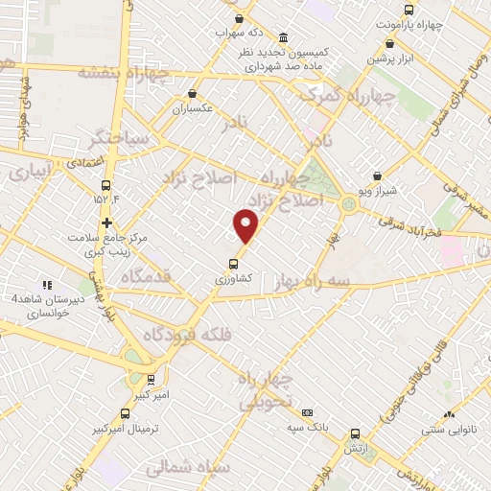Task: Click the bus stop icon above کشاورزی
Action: [x=234, y=262]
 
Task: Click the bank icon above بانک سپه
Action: [x=308, y=411]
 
